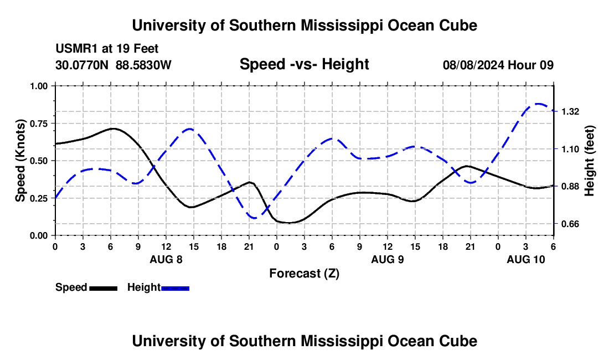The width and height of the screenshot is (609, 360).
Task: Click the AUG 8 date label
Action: tap(166, 259)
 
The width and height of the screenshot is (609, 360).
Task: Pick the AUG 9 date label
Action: tap(388, 259)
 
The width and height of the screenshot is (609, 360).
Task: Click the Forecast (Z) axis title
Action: tap(304, 273)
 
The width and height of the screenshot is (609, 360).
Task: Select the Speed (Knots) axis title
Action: tap(20, 161)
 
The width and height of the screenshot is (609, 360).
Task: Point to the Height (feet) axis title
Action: tap(589, 161)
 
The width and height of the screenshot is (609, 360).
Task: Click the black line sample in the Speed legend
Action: tap(103, 288)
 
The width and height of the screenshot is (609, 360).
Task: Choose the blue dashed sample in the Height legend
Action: tap(175, 288)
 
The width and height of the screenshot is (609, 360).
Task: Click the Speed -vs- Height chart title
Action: tap(304, 64)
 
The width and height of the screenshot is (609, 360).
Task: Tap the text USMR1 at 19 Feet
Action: tap(107, 49)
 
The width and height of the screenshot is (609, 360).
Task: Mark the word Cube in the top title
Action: tap(457, 25)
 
